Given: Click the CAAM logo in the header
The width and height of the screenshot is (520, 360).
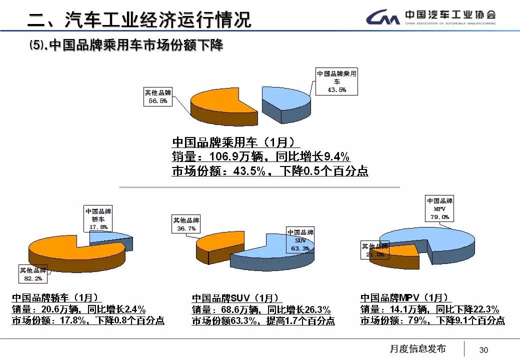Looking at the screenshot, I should (x=382, y=18).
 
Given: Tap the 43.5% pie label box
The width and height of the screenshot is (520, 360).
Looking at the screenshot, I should (x=336, y=81).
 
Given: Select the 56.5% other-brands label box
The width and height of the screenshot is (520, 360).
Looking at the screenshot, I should (x=157, y=96).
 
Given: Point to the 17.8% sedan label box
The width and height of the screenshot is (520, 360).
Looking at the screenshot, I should (x=98, y=219).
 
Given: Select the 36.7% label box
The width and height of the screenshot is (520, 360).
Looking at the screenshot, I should (x=186, y=224).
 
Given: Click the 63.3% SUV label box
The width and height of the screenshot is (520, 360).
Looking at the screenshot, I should (x=300, y=240).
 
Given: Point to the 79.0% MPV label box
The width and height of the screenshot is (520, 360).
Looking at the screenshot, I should (x=439, y=208).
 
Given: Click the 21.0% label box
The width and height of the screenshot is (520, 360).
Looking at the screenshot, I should (x=374, y=250).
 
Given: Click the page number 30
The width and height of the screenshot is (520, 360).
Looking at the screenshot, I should (x=483, y=349).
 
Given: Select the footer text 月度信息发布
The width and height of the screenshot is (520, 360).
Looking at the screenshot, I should (x=417, y=348).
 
